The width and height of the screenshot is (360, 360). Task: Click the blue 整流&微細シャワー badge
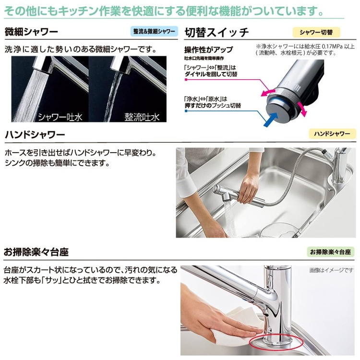coord(154,31)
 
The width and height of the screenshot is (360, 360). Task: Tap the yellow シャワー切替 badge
coord(316,32)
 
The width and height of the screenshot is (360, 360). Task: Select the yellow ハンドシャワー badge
coord(332,133)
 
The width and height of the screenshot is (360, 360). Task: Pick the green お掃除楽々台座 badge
coord(330,252)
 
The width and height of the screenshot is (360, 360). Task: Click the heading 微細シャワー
coord(31,32)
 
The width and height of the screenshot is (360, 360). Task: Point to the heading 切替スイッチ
coord(217,32)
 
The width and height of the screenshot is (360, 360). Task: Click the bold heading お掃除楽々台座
coord(36,252)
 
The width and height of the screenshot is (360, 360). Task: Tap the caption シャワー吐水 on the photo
coord(60,117)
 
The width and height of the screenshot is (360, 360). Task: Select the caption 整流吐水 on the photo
coord(142,117)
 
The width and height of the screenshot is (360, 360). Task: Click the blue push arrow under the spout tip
coord(270,119)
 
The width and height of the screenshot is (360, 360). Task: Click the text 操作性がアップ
coord(208,49)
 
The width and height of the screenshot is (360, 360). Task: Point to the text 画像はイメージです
coord(331,270)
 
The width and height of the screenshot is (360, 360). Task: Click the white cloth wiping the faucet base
coord(237,326)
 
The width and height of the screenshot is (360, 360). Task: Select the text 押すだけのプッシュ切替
coord(213,106)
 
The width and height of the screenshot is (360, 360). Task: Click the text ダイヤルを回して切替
coord(211,74)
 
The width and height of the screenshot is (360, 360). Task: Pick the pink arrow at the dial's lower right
coord(302,109)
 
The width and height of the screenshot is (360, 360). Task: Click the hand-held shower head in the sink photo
coord(239,196)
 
